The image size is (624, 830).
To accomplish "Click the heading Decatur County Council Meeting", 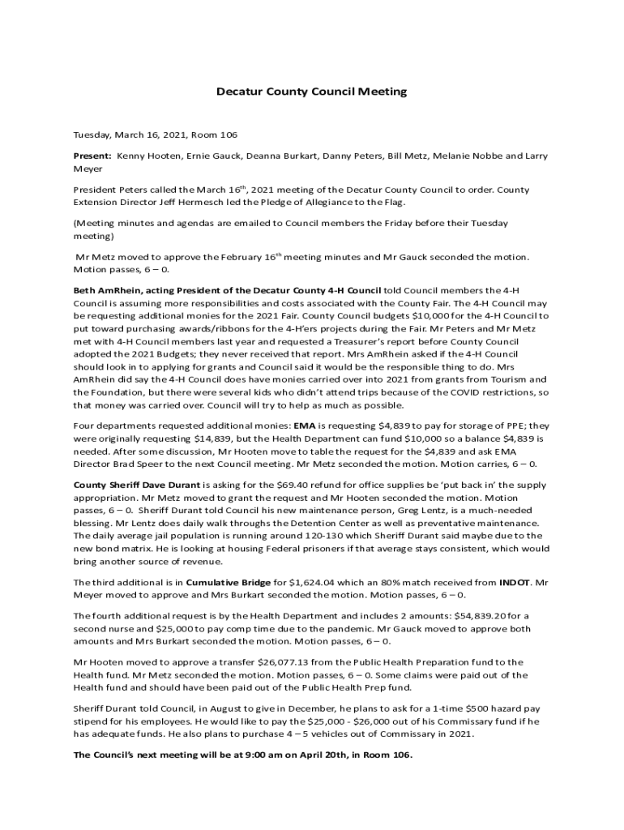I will tap(311, 92).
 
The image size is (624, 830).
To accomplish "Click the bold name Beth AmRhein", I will tap(108, 289).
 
